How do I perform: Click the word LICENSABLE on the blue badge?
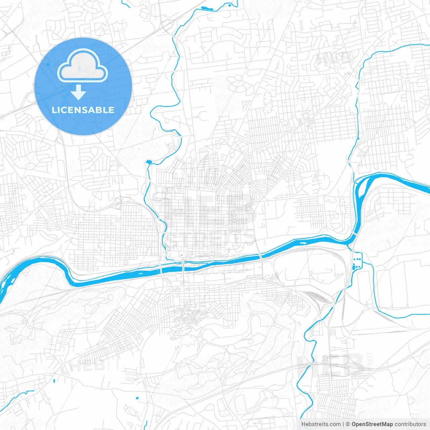click(83, 110)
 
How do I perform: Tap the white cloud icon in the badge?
click(83, 66)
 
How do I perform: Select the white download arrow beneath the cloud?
click(78, 92)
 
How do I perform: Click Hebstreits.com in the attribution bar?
click(321, 424)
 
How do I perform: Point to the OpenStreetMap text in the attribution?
click(372, 424)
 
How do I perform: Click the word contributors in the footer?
click(410, 424)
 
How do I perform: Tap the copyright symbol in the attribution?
click(348, 424)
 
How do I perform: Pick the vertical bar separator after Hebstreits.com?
click(343, 424)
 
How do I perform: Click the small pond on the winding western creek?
click(148, 162)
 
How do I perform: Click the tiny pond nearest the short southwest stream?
click(54, 381)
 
